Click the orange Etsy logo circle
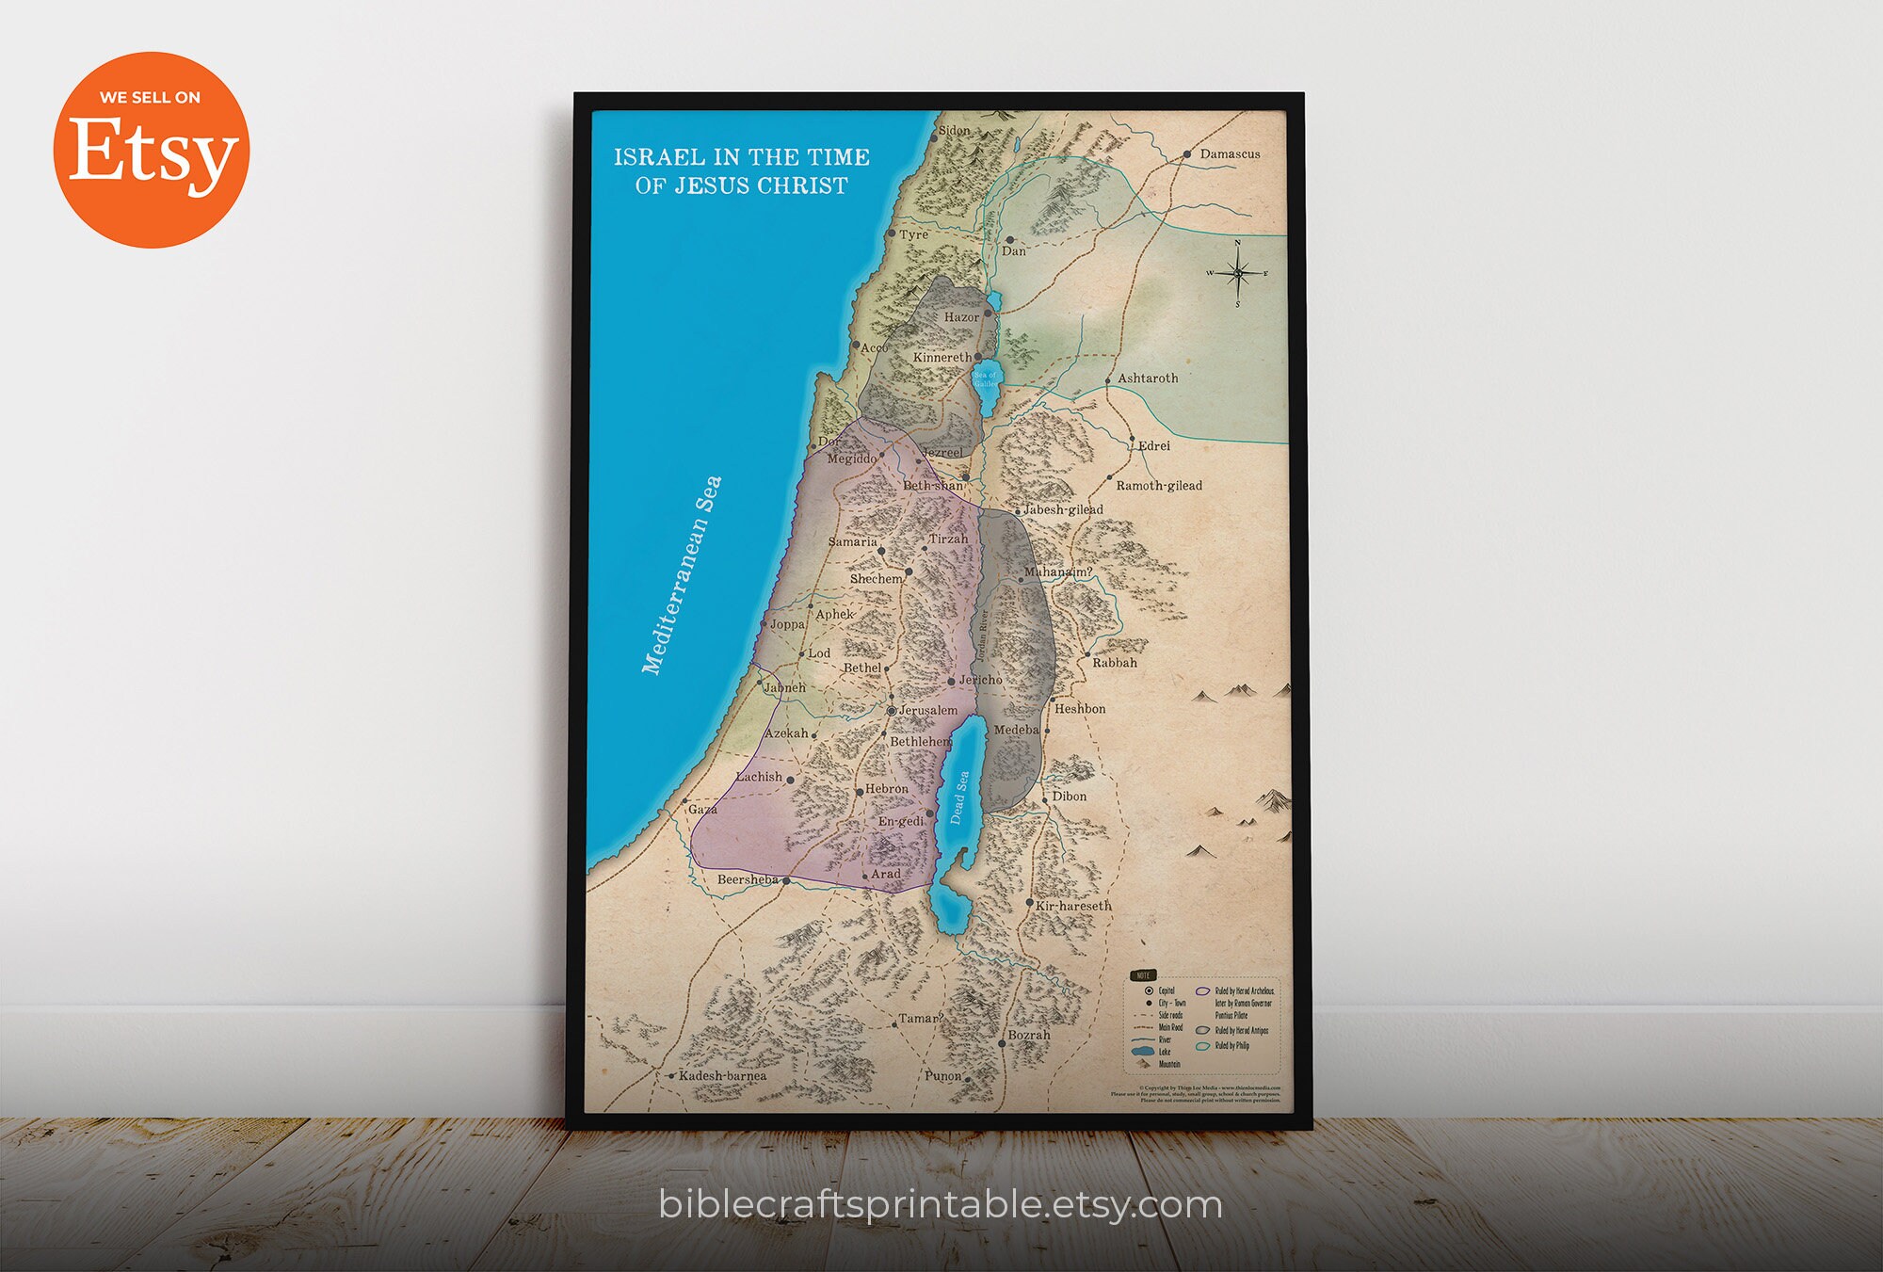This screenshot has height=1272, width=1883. click(x=151, y=150)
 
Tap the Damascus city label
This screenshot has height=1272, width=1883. click(x=1229, y=153)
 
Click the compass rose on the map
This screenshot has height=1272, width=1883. click(x=1237, y=273)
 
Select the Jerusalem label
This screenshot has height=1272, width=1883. click(x=927, y=710)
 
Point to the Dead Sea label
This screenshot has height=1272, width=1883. click(x=958, y=797)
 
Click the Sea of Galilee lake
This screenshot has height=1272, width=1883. click(x=985, y=380)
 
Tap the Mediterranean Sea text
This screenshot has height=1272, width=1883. click(x=681, y=575)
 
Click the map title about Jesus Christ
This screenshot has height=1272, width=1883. click(x=741, y=170)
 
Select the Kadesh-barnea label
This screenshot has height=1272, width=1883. click(x=722, y=1075)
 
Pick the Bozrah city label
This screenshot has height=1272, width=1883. click(x=1028, y=1035)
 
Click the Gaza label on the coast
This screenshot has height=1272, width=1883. click(x=702, y=809)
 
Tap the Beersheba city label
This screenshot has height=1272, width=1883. click(x=748, y=879)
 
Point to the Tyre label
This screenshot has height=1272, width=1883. click(x=913, y=234)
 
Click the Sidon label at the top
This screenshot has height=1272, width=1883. click(x=954, y=130)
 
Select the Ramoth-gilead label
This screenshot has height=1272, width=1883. click(x=1158, y=485)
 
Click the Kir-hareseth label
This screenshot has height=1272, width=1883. click(x=1073, y=906)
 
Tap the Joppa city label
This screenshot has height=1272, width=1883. click(x=787, y=623)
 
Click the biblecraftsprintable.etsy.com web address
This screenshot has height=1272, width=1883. click(x=940, y=1204)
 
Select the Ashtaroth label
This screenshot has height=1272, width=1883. click(x=1147, y=378)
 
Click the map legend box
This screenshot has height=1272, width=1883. click(x=1202, y=1022)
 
